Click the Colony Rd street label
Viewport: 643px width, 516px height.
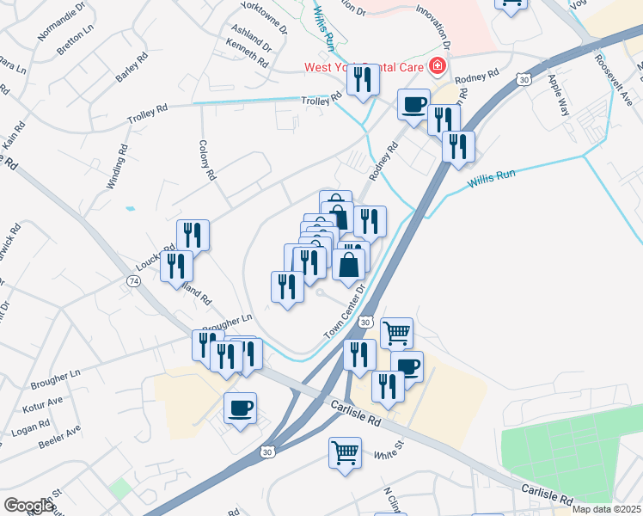206,161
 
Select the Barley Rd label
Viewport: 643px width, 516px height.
132,67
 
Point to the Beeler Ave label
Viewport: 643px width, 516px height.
59,437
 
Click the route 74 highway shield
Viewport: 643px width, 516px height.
133,281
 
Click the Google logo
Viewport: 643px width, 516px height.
28,507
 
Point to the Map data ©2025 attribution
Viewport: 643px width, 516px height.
607,509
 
